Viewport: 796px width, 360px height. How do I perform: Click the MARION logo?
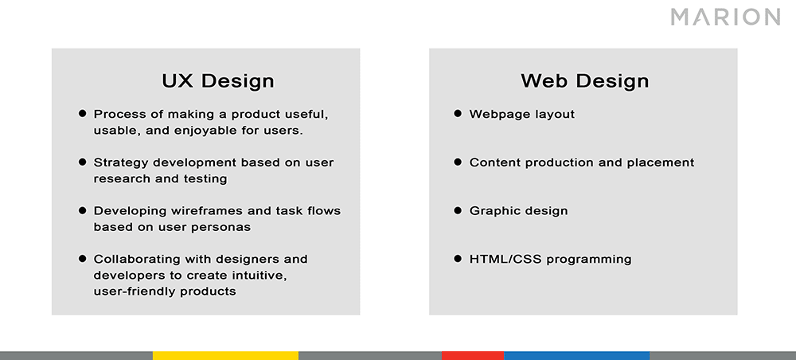[x=724, y=17]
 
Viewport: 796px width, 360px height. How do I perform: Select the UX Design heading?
[x=217, y=80]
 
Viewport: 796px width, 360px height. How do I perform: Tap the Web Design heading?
[x=584, y=80]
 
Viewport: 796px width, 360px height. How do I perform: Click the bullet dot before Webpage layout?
[x=458, y=114]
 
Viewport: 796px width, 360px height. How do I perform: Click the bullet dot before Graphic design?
[x=458, y=210]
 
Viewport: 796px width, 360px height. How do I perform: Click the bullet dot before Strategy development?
[x=82, y=162]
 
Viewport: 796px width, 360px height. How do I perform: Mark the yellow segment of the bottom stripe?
[x=225, y=355]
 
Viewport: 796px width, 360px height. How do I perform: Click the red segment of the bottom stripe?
[x=473, y=355]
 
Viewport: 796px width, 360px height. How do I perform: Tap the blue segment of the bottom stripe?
[x=576, y=355]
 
